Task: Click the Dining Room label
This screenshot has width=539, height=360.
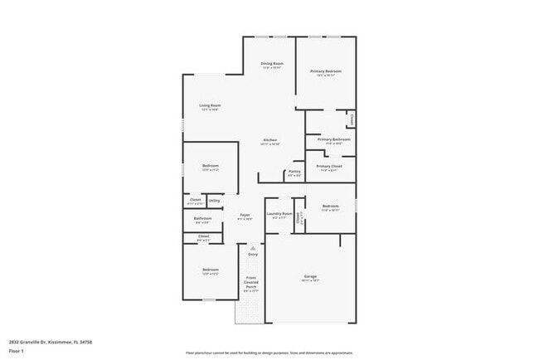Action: point(272,64)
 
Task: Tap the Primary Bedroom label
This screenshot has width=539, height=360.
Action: point(326,72)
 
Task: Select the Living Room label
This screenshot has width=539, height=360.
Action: point(210,105)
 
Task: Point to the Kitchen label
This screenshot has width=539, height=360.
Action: point(270,139)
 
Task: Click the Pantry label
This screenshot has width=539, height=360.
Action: point(294,172)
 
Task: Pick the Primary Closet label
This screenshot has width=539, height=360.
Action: point(328,166)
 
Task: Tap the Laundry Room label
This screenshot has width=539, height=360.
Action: point(279,214)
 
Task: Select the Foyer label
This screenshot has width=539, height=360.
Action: point(245,215)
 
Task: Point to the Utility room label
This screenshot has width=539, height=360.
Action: point(214,200)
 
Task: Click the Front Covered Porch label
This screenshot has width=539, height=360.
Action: point(250,282)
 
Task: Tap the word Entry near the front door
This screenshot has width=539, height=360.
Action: point(253,254)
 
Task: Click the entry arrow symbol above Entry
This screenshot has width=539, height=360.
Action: point(253,246)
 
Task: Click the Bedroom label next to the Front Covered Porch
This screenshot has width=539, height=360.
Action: point(211,270)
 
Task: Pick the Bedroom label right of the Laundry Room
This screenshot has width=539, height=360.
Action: point(331,206)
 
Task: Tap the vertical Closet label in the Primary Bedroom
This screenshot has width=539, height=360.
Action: point(352,119)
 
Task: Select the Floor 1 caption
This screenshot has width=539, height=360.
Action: point(17,351)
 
